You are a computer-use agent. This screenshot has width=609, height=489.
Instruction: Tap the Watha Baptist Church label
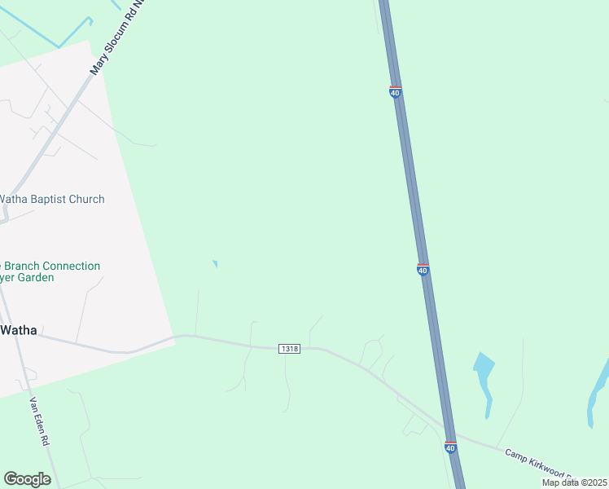(51, 199)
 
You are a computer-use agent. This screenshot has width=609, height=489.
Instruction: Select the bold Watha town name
(18, 330)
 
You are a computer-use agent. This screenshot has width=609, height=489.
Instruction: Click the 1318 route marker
(289, 348)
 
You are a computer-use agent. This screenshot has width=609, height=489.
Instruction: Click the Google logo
(28, 479)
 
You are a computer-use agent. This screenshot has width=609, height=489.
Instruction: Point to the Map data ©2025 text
(574, 482)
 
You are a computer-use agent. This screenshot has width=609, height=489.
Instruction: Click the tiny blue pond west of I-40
(215, 263)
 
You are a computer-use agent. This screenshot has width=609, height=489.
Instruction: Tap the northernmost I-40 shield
(395, 92)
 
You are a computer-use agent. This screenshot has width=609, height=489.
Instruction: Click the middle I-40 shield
(423, 269)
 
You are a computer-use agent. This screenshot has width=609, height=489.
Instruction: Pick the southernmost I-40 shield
(450, 447)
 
